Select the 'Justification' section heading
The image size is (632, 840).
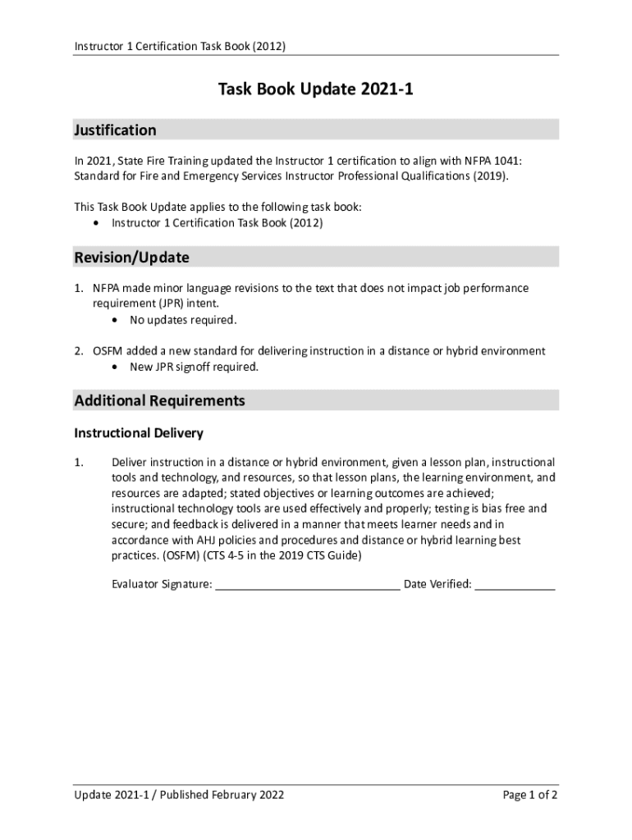coord(115,130)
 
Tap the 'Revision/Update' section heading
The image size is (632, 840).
coord(131,258)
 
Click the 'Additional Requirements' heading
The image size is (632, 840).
coord(159,401)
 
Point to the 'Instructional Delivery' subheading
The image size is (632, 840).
coord(139,433)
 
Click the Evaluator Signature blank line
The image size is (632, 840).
coord(307,585)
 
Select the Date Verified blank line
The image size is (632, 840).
coord(515,585)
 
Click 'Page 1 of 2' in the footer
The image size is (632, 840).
coord(530,796)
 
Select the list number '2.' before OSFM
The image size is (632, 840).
coord(79,351)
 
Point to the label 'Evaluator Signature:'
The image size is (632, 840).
coord(162,585)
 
